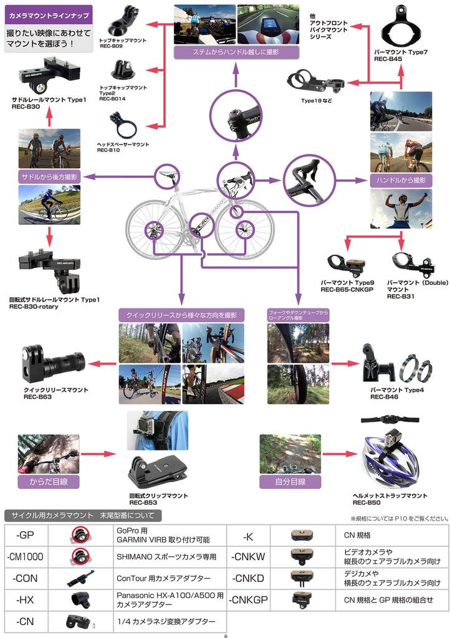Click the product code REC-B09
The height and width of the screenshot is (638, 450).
coord(112,46)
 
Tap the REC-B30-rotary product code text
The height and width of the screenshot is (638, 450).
coord(38,307)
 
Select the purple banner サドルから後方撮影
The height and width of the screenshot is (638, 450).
coord(49,177)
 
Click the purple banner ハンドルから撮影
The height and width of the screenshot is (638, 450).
coord(401,179)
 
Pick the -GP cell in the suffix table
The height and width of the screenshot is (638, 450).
coord(26,536)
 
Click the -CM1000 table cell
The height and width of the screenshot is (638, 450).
coord(26,556)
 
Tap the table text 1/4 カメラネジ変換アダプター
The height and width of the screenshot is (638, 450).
coord(166,622)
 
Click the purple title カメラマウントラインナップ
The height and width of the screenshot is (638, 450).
coord(49,13)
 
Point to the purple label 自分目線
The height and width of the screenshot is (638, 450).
coord(290,482)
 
